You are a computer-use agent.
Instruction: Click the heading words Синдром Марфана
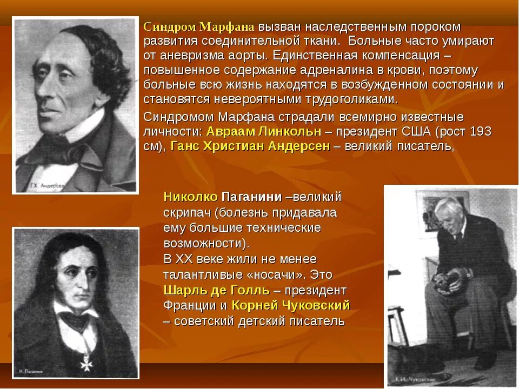[198, 27]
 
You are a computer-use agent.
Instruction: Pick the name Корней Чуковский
[291, 306]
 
